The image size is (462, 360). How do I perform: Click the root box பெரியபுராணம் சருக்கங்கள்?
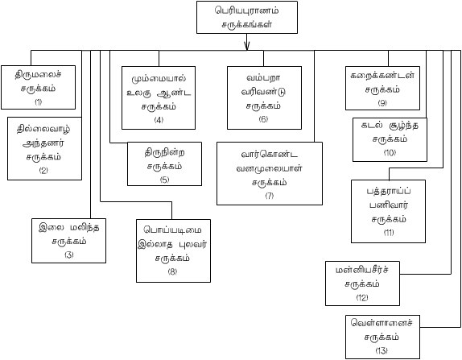click(x=247, y=17)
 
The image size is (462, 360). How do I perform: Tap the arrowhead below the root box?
click(x=247, y=46)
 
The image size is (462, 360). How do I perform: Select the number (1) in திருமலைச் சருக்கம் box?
click(x=39, y=102)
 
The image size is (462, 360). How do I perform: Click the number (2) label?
click(x=43, y=171)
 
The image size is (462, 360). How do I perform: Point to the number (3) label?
click(x=69, y=254)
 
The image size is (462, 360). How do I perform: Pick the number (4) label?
click(x=159, y=120)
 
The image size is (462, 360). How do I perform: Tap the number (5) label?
click(x=164, y=180)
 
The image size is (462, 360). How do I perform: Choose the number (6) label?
click(x=263, y=119)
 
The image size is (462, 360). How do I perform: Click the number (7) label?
click(x=270, y=196)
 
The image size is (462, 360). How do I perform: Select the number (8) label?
click(x=172, y=271)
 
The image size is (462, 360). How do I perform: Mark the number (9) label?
click(x=382, y=103)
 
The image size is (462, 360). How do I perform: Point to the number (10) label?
click(x=390, y=153)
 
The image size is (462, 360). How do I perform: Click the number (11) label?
click(x=389, y=232)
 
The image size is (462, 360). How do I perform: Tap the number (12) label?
click(x=362, y=297)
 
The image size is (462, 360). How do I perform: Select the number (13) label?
click(x=382, y=350)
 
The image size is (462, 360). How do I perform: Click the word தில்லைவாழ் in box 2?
click(x=43, y=129)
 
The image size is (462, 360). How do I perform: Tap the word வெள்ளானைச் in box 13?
click(x=382, y=322)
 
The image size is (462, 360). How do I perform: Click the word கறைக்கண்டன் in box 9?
click(x=382, y=75)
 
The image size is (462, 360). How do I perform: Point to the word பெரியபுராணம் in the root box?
click(x=247, y=10)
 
